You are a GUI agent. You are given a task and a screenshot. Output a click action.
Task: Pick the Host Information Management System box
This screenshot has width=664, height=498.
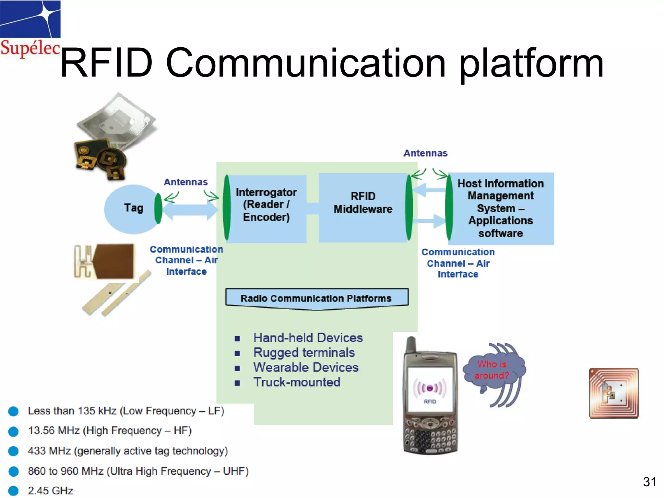pyautogui.click(x=501, y=208)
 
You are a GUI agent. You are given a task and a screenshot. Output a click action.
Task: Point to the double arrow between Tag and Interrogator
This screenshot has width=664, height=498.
pyautogui.click(x=190, y=210)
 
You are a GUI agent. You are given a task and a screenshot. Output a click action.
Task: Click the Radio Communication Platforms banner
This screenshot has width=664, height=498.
pyautogui.click(x=316, y=298)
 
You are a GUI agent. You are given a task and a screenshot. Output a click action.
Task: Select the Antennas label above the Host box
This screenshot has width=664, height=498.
pyautogui.click(x=425, y=153)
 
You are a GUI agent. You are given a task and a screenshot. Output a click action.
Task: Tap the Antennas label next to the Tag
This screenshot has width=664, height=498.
pyautogui.click(x=185, y=182)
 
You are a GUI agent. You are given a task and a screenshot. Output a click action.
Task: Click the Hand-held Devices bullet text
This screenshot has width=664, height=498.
pyautogui.click(x=308, y=338)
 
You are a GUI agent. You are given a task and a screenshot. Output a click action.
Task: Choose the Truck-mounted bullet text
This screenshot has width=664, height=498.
pyautogui.click(x=297, y=382)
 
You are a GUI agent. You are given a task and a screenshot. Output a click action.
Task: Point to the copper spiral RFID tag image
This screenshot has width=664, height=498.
pyautogui.click(x=613, y=393)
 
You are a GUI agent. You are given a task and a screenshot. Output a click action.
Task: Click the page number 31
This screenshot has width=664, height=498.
pyautogui.click(x=649, y=482)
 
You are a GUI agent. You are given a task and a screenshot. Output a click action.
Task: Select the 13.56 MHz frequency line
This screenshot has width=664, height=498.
pyautogui.click(x=110, y=431)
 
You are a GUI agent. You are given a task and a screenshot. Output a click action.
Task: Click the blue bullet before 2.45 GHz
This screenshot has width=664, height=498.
pyautogui.click(x=13, y=491)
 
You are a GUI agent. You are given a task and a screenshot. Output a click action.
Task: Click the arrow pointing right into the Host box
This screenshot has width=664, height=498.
pyautogui.click(x=429, y=221)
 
